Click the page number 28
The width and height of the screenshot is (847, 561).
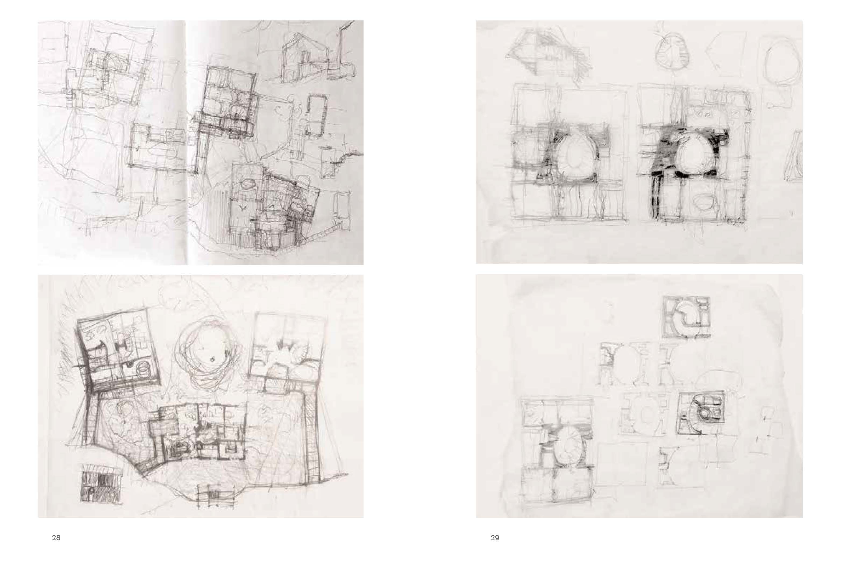tap(56, 538)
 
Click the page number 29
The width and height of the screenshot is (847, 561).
tap(495, 538)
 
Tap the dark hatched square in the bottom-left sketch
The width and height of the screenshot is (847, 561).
tap(102, 483)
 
